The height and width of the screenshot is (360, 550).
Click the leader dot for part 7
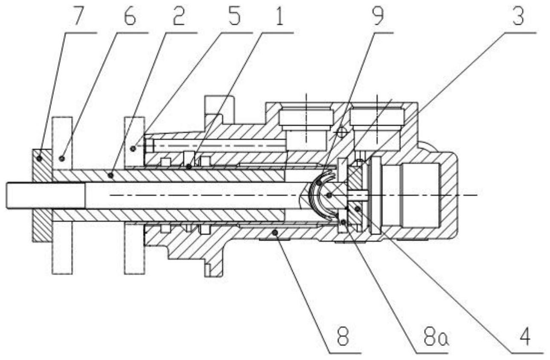coord(39,159)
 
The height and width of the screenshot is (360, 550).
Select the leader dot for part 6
coord(62,159)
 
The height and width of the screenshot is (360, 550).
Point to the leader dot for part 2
coord(111,175)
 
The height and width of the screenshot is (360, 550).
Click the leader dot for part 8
coord(276,232)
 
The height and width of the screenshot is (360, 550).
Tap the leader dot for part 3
coord(329,195)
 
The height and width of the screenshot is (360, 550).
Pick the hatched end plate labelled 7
coord(42,195)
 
